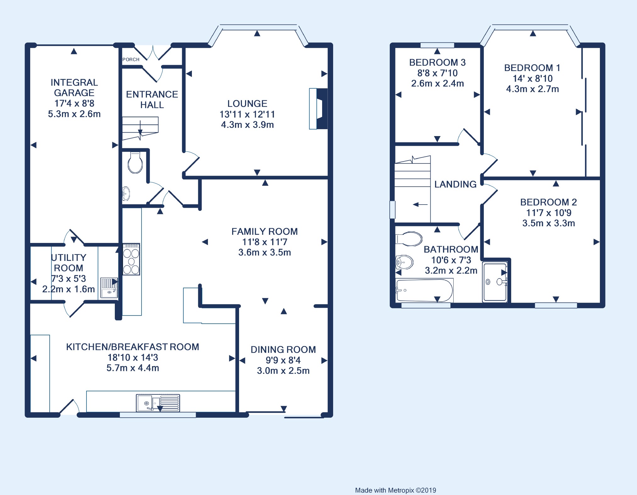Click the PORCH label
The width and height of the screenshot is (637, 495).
[x=131, y=59]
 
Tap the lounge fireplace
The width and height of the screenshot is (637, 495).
[x=318, y=109]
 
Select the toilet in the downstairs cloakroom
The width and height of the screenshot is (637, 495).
[x=135, y=163]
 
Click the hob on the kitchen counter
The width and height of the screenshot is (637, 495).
[x=131, y=259]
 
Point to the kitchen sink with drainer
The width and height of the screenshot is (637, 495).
[x=158, y=403]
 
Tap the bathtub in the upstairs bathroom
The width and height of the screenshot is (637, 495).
[x=424, y=290]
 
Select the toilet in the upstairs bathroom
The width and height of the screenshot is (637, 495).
[x=409, y=239]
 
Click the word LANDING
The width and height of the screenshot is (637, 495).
[x=455, y=184]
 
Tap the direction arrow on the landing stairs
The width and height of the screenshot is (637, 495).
[x=420, y=205]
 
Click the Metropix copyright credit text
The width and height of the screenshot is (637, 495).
[x=395, y=490]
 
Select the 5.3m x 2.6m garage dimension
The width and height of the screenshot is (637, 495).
[x=74, y=114]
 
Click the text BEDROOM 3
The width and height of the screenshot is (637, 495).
[x=437, y=62]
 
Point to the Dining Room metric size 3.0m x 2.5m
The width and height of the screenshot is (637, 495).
[x=283, y=371]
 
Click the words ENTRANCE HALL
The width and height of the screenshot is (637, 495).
[x=152, y=99]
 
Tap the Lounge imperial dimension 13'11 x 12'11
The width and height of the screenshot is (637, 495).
[x=247, y=114]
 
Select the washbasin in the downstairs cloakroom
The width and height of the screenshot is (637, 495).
[x=126, y=194]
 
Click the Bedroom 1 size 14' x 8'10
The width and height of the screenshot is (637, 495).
[x=533, y=78]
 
